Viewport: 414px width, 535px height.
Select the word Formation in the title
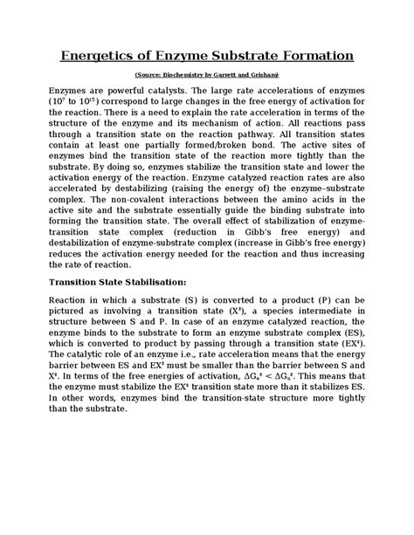click(311, 57)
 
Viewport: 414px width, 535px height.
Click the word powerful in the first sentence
click(130, 90)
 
